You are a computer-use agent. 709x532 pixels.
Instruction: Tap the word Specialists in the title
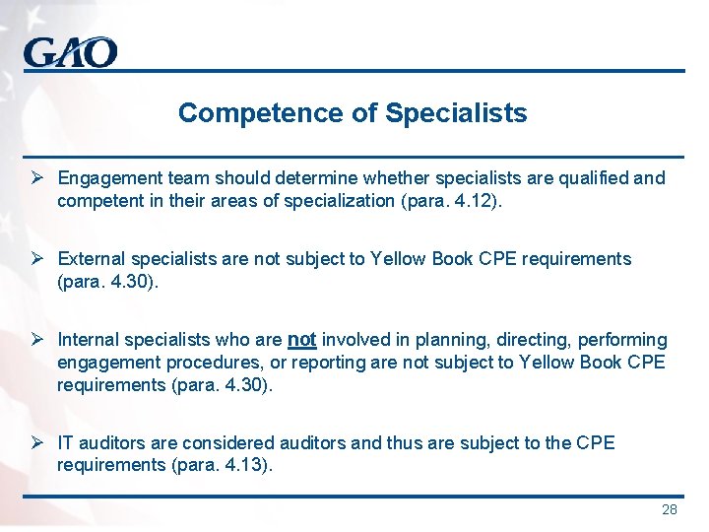point(456,113)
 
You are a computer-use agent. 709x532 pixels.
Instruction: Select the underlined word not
point(301,340)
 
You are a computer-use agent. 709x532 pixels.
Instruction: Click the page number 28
point(670,509)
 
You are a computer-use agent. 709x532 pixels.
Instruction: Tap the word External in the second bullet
point(89,259)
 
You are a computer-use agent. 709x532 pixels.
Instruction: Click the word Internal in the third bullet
point(87,340)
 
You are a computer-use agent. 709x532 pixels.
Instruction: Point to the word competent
point(97,201)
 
